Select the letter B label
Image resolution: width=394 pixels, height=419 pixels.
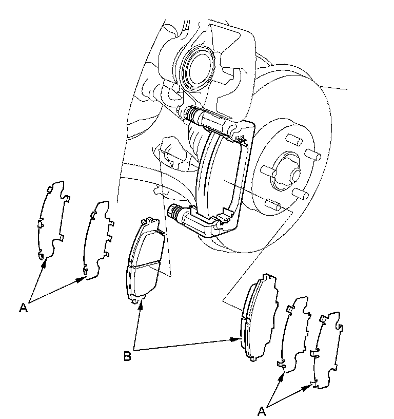[x=127, y=355]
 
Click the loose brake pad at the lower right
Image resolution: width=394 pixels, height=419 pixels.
[x=259, y=315]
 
